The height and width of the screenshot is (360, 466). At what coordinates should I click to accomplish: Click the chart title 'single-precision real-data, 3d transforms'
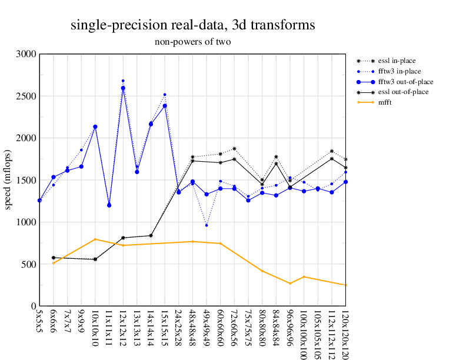click(192, 25)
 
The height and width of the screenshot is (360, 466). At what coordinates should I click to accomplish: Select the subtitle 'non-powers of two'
click(192, 42)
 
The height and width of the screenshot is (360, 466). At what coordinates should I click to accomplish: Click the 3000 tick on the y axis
click(26, 54)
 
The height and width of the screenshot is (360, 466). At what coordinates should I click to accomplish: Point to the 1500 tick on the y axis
click(26, 180)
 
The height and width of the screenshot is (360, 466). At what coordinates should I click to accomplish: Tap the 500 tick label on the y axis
click(28, 264)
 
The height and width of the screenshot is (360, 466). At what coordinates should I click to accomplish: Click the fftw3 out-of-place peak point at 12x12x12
click(123, 88)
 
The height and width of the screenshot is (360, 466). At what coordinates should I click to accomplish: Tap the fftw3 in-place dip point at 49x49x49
click(207, 225)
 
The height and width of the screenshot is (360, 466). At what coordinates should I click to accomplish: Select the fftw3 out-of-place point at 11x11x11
click(109, 205)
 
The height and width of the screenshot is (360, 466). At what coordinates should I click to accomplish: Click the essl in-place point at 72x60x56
click(234, 149)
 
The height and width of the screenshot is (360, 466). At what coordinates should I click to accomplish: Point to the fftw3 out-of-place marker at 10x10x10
click(95, 127)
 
